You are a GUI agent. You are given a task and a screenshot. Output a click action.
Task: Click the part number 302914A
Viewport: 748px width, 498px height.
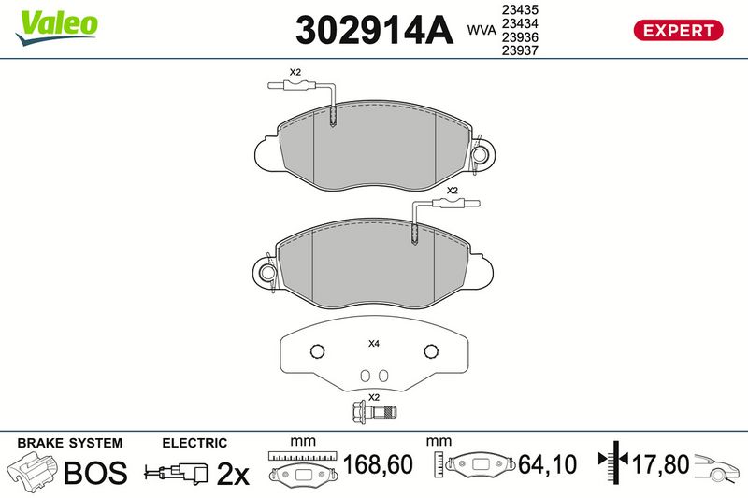point(375,31)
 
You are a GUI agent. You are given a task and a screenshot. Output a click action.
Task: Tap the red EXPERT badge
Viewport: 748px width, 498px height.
point(678,31)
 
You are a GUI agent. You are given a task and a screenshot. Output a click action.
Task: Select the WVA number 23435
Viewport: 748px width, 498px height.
point(520,9)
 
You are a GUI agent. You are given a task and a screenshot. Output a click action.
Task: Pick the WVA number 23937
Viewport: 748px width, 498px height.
point(520,50)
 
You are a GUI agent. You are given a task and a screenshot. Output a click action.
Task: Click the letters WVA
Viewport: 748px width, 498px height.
point(482,30)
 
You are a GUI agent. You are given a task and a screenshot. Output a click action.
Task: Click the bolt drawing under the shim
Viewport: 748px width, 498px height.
point(374,412)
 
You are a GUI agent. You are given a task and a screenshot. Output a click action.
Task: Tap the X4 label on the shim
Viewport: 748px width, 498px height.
point(373,343)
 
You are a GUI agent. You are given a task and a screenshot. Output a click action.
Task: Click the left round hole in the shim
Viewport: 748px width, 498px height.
point(317,351)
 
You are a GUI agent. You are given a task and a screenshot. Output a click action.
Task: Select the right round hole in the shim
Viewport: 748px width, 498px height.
point(431,351)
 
